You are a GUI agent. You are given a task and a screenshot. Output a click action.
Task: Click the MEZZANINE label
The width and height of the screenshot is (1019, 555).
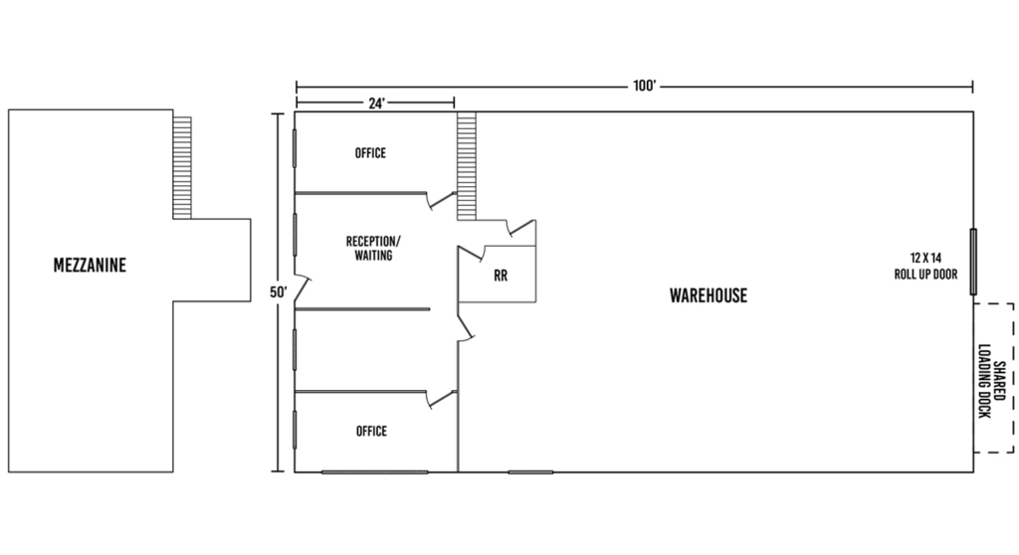pos(90,266)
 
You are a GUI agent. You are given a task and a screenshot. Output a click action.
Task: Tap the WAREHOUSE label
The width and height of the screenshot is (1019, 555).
pos(709,295)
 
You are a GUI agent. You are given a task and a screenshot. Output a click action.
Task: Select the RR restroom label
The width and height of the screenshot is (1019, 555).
pos(501,276)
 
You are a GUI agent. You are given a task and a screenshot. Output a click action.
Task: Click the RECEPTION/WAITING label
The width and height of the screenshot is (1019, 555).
pos(374,249)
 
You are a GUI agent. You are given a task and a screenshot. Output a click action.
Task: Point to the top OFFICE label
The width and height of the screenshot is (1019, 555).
pos(370,153)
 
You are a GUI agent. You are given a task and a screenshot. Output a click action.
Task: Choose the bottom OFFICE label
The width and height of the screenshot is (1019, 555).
pos(371,431)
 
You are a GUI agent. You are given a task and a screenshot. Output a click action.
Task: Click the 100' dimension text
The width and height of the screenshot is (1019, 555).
pos(645,86)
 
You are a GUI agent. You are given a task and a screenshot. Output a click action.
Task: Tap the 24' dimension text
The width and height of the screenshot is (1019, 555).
pos(377,102)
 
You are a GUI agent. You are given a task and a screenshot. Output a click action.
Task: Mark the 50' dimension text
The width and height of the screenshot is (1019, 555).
pos(279,292)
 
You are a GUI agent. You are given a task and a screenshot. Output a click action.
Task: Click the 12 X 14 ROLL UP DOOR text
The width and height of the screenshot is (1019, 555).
pos(925,266)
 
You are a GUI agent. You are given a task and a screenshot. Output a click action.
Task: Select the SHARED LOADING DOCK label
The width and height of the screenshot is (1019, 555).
pos(992,381)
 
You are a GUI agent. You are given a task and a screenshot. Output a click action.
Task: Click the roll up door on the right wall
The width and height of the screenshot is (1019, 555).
pos(973,262)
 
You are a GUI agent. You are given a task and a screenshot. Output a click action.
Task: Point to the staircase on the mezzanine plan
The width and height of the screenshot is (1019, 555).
pos(182,168)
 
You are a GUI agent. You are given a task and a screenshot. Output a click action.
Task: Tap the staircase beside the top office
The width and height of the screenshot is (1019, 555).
pos(467,166)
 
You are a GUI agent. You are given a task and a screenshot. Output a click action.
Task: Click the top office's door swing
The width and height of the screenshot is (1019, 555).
pos(440,200)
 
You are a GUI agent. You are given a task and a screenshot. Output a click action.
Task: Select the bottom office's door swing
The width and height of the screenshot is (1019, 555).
pos(441,399)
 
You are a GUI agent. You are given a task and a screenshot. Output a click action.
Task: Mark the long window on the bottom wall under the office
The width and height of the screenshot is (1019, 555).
pos(374,471)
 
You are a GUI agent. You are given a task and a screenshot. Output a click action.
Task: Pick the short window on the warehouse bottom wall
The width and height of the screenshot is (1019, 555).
pos(530,471)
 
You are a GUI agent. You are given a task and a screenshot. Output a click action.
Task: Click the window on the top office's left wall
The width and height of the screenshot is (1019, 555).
pos(295,148)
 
